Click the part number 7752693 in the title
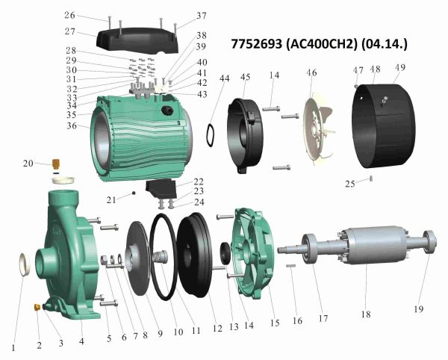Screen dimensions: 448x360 point(256,44)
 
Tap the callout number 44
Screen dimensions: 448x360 point(224,78)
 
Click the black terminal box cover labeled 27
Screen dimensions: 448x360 point(137,40)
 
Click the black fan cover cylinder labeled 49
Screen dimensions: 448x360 point(384,125)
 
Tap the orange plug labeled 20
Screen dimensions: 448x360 point(56,164)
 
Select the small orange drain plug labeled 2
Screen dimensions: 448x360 point(37,307)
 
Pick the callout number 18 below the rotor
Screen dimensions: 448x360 point(366,314)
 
